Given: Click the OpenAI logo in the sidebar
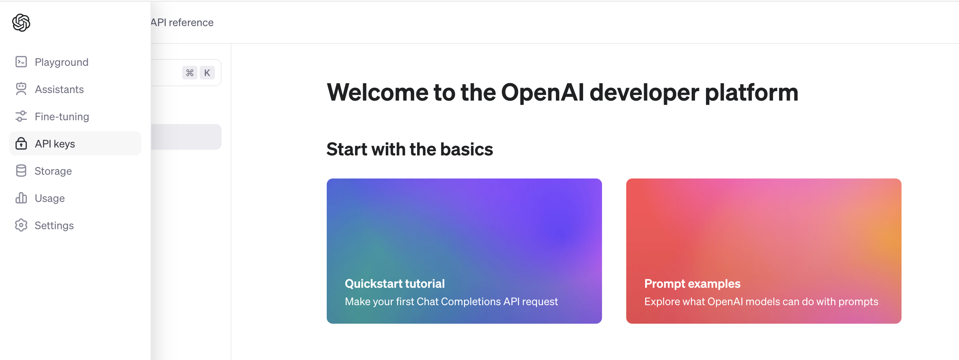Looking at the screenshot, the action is pyautogui.click(x=21, y=23).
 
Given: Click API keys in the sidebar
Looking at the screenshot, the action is pyautogui.click(x=75, y=143).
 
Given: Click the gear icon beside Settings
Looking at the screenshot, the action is pyautogui.click(x=21, y=225).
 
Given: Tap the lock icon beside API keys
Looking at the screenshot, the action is pyautogui.click(x=21, y=144).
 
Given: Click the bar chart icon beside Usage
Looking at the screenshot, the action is pyautogui.click(x=21, y=198).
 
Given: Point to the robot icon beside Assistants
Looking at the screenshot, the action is pyautogui.click(x=21, y=89).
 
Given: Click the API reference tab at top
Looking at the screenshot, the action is pyautogui.click(x=182, y=23).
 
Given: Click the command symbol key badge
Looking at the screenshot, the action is pyautogui.click(x=190, y=73).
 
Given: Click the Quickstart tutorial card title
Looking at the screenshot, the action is pyautogui.click(x=395, y=284).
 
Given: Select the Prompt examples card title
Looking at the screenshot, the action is pyautogui.click(x=692, y=284).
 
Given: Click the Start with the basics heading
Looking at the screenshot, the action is pyautogui.click(x=410, y=149).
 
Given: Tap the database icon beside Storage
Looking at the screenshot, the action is pyautogui.click(x=21, y=171).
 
